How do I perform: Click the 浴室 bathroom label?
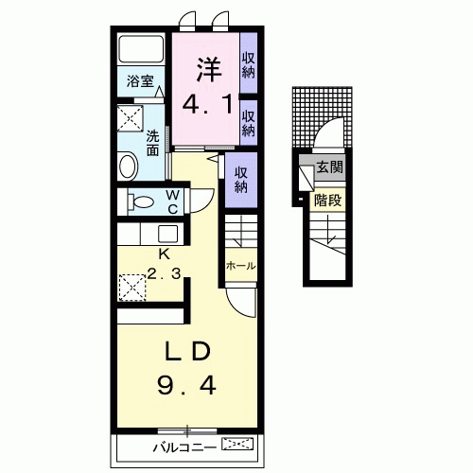click(140, 81)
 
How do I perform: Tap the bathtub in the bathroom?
click(141, 49)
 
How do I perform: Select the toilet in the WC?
click(140, 201)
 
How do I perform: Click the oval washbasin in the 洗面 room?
click(128, 166)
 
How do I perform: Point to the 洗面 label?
click(152, 143)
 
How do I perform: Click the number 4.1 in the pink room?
click(208, 104)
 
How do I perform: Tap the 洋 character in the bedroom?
click(209, 69)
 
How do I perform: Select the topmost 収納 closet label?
click(249, 65)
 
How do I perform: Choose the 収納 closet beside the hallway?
click(241, 180)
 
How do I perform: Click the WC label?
click(173, 202)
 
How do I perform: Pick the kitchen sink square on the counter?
click(167, 234)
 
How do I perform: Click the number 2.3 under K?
click(164, 273)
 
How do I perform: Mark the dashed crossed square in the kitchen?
click(132, 288)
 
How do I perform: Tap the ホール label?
click(240, 266)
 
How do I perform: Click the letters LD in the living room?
click(187, 351)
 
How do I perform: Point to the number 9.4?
click(186, 386)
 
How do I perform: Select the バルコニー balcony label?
click(184, 447)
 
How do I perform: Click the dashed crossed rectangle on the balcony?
click(237, 444)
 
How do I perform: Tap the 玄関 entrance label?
click(330, 166)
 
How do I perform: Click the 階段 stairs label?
click(328, 201)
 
